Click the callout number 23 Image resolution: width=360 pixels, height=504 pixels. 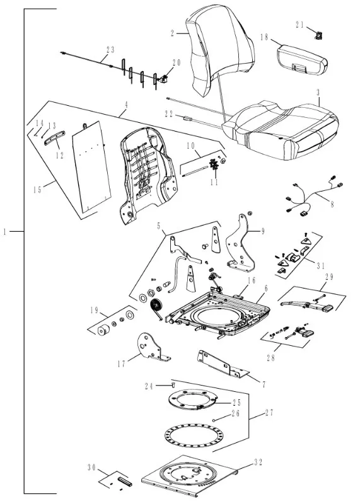pos(110,50)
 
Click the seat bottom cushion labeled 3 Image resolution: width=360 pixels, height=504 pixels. pos(283,129)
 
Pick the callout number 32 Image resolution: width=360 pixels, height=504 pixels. pos(258,462)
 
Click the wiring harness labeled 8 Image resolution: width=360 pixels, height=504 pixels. pos(312,198)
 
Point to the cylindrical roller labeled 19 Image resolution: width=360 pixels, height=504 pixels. pos(103,329)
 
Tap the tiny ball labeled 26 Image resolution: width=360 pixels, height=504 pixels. pos(214,419)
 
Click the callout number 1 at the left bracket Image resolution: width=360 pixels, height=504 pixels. pos(4,231)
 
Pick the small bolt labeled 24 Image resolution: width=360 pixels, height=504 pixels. pos(173,384)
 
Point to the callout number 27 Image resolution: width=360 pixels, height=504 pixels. pos(269,413)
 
